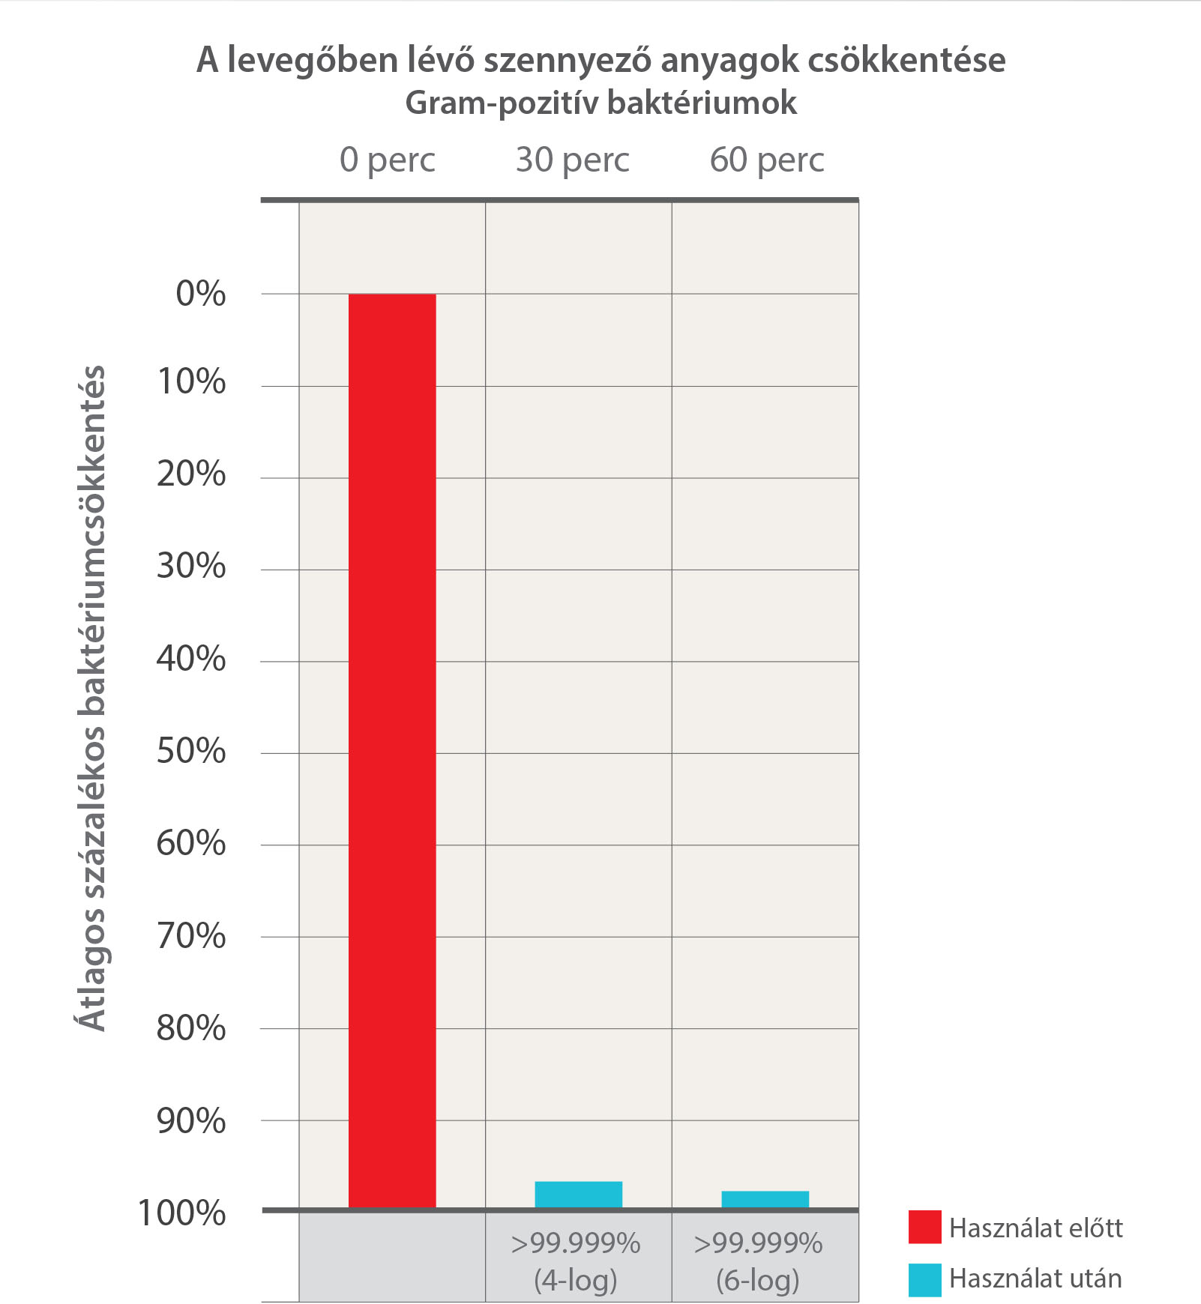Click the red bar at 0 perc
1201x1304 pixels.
click(392, 749)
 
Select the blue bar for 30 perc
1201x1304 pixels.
click(578, 1195)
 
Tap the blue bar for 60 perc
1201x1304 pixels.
click(765, 1199)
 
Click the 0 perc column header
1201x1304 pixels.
click(387, 160)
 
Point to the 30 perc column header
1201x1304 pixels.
click(572, 160)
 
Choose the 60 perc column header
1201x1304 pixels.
click(766, 160)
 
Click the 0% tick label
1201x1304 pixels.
click(200, 293)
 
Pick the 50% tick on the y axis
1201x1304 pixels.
click(191, 751)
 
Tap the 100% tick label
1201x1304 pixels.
click(181, 1213)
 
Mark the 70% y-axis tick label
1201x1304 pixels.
click(191, 936)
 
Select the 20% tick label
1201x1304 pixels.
click(191, 474)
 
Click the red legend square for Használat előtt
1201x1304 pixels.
click(924, 1227)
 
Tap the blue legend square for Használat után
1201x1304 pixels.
click(924, 1280)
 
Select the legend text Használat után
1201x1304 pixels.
click(1035, 1279)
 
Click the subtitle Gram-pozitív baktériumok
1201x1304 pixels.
click(600, 103)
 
